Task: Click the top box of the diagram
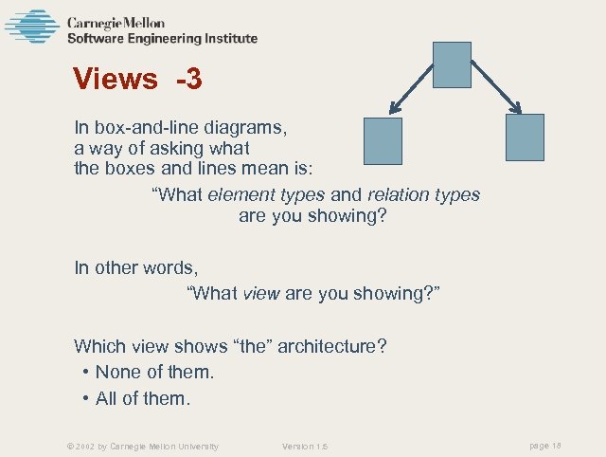[x=452, y=64]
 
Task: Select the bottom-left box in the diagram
[x=383, y=140]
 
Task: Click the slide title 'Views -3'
[x=137, y=79]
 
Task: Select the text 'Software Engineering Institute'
[x=161, y=39]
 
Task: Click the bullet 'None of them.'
[x=154, y=373]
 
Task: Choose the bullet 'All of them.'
[x=143, y=399]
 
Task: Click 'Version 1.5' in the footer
[x=305, y=446]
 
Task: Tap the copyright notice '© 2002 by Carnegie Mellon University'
[x=136, y=446]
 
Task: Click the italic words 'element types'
[x=266, y=195]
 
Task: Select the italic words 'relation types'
[x=423, y=195]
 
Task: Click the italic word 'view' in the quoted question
[x=260, y=294]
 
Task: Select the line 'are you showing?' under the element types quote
[x=313, y=216]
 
